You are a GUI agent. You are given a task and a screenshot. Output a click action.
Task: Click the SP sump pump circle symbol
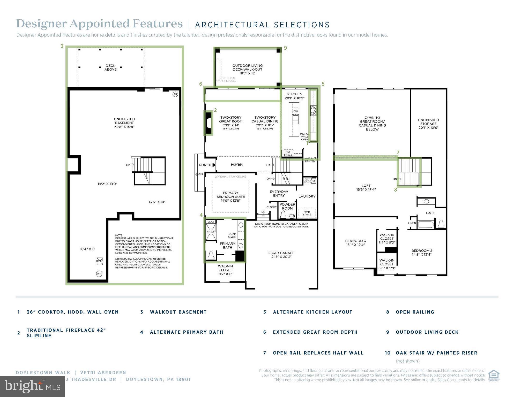pos(175,94)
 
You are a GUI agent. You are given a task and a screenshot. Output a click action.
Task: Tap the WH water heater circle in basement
pos(99,274)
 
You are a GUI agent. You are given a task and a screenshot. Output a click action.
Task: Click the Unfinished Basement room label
pos(124,123)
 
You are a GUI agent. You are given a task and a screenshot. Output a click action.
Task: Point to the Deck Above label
pos(110,67)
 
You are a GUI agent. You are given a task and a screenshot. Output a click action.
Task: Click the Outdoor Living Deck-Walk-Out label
pos(247,69)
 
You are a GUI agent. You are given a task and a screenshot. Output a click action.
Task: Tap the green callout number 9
pos(285,48)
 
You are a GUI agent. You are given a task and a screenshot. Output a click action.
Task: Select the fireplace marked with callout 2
pos(208,123)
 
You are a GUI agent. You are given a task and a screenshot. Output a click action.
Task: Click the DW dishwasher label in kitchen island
pos(295,111)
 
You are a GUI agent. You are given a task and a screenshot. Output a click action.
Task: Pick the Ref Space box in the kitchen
pos(288,153)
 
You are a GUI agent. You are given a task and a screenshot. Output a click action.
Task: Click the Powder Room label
pos(287,206)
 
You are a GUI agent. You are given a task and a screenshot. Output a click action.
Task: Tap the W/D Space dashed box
pos(307,212)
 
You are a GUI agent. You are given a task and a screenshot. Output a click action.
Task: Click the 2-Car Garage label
pos(281,255)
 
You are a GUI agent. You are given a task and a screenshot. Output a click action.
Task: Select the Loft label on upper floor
pos(366,187)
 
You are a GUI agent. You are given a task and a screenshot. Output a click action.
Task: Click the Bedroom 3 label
pos(355,242)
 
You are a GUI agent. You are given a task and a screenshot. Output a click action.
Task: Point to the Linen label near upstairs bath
pos(412,223)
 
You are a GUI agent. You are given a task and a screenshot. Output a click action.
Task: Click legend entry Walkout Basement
pos(178,312)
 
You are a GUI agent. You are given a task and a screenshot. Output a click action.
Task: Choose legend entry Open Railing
pos(415,312)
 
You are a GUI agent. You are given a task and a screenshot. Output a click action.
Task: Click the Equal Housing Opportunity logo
pos(494,376)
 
